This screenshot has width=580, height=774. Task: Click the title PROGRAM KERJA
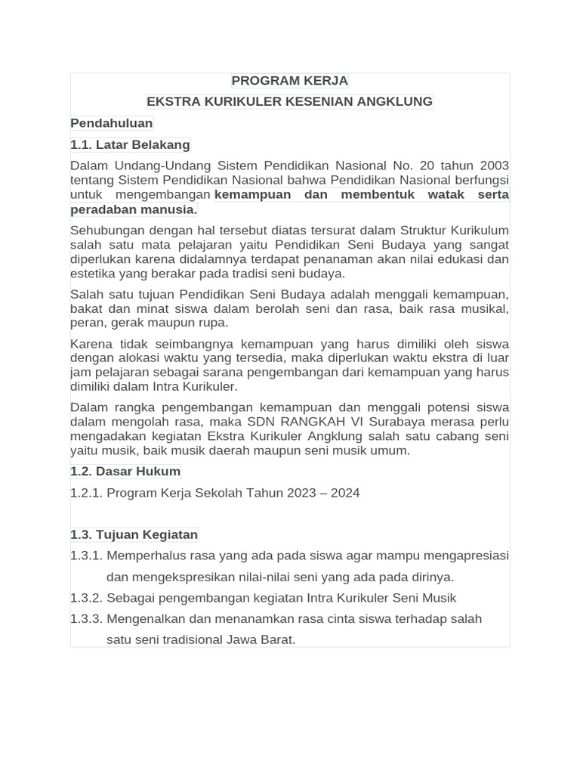(289, 81)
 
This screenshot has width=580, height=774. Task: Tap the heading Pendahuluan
(112, 123)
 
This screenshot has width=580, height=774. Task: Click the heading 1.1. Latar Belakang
(130, 144)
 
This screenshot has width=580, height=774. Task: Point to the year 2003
(492, 166)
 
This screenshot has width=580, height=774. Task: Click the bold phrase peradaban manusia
(133, 209)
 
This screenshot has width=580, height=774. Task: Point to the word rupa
(213, 323)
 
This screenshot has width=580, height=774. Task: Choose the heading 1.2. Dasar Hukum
(125, 472)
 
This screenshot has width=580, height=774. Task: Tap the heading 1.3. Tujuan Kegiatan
(134, 534)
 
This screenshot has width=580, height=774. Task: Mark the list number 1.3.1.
(86, 556)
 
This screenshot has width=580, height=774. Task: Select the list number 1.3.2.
(86, 598)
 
